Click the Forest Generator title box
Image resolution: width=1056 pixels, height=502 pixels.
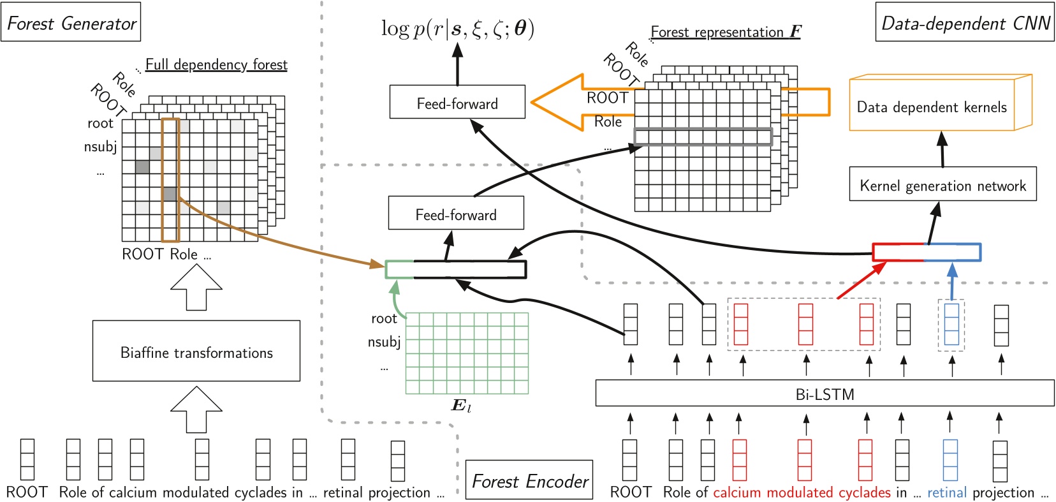point(71,23)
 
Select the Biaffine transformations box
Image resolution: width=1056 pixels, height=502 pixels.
point(196,351)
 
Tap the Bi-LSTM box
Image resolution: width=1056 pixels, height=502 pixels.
point(824,394)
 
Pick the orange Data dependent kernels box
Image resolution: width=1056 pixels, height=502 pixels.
point(932,107)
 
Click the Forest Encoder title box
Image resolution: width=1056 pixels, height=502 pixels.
point(529,480)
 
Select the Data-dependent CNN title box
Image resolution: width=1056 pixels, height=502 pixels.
point(964,23)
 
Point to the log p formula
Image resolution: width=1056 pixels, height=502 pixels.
point(457,29)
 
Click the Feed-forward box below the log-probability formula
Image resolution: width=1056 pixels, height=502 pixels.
point(457,103)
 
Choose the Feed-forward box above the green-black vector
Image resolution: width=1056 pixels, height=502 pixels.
point(456,214)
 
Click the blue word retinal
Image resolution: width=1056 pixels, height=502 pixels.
point(946,492)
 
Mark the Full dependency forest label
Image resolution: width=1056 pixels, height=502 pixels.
point(216,64)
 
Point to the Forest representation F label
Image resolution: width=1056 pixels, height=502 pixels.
point(726,32)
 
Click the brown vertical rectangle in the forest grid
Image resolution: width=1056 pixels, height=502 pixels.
point(170,180)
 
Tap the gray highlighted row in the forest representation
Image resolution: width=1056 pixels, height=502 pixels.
point(703,137)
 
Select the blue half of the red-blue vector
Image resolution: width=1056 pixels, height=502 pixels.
point(952,252)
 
